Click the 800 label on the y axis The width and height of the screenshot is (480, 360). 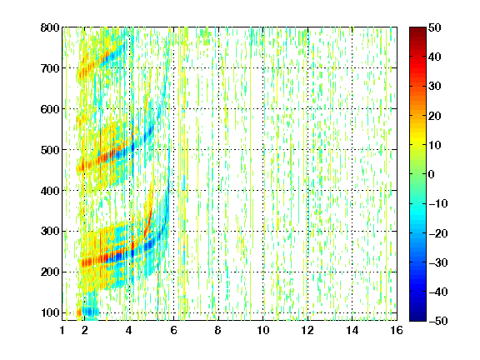[50, 27]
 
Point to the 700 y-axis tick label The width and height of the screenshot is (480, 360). [50, 68]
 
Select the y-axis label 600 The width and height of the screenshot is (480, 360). [50, 109]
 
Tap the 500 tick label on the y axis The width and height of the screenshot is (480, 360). [50, 150]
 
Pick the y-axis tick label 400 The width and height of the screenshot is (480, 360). [50, 191]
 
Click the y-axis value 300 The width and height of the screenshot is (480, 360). [50, 231]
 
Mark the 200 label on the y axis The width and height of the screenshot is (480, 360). [50, 272]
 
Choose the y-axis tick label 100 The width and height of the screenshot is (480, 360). [50, 312]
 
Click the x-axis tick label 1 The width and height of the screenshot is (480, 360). [62, 330]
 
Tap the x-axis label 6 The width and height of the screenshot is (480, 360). [173, 330]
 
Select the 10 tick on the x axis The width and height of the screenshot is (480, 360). [262, 330]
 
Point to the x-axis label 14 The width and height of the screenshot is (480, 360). [352, 330]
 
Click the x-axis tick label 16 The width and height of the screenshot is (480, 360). [397, 330]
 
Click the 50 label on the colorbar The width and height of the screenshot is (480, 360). [434, 27]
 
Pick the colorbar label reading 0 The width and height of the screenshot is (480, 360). [432, 174]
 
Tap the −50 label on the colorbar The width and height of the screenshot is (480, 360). [438, 321]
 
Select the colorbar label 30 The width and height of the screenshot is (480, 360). [434, 86]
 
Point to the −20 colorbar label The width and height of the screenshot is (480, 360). [438, 233]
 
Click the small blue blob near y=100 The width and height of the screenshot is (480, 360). [90, 312]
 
